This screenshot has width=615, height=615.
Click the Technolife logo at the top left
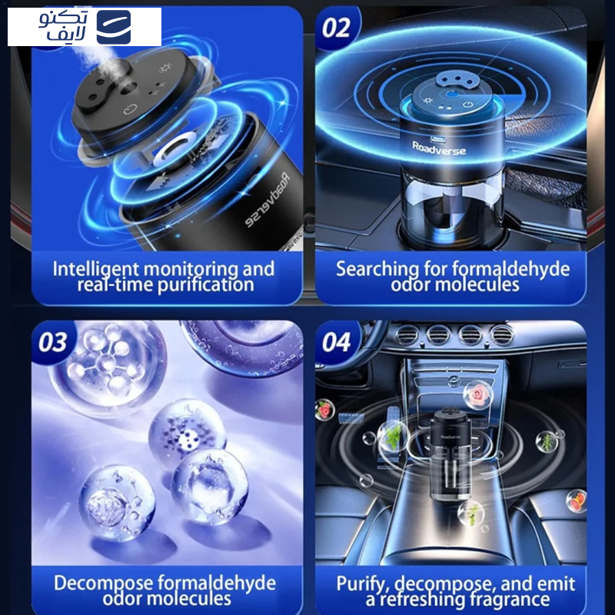click(x=85, y=27)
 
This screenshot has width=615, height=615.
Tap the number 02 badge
click(x=336, y=28)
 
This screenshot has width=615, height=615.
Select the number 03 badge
click(x=52, y=342)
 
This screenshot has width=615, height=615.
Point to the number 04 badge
click(x=336, y=342)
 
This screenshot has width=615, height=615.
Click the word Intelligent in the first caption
click(x=95, y=270)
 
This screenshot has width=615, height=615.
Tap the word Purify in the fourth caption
click(x=363, y=584)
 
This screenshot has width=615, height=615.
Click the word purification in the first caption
click(x=206, y=285)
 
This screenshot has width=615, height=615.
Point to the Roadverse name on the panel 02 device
click(x=439, y=148)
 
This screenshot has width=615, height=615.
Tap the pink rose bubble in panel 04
click(x=477, y=395)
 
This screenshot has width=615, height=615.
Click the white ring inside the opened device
click(x=175, y=150)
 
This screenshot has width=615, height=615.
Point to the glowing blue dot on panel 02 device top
click(x=452, y=95)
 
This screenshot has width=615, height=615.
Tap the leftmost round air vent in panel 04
click(x=407, y=334)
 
